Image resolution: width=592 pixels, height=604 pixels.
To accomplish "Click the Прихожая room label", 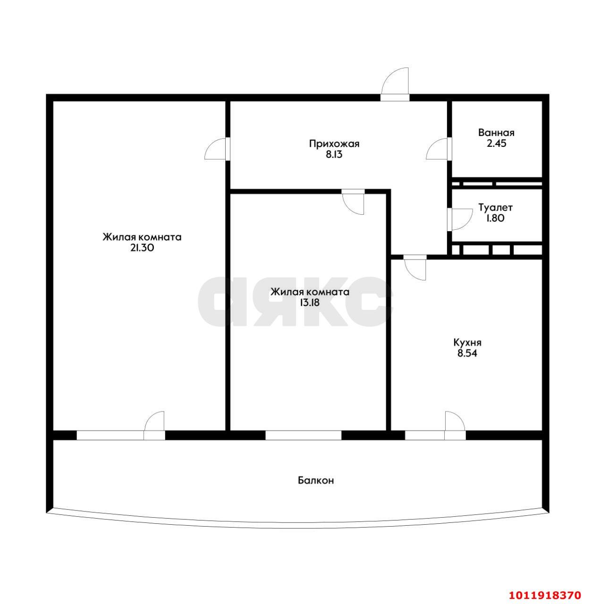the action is tap(334, 144).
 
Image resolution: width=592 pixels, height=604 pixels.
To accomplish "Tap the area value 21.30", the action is tap(142, 248).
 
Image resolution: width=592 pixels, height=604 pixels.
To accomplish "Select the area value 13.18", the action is tap(310, 303).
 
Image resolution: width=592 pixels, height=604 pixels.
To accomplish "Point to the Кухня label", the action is tap(467, 343).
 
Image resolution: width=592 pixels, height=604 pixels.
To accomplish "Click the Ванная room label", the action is tap(496, 133).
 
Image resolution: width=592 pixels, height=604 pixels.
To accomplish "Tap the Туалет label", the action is tap(496, 208).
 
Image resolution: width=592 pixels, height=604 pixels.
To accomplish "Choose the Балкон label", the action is tap(316, 480).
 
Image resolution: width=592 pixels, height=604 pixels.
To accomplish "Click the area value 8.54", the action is tap(467, 353).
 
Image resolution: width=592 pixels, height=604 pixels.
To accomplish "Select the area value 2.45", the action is tap(497, 143).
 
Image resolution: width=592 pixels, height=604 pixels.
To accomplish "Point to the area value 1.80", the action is tap(495, 218).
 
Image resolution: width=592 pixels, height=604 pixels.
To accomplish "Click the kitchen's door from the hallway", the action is tap(415, 268).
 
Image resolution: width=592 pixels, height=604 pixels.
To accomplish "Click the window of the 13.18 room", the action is tap(304, 436).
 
